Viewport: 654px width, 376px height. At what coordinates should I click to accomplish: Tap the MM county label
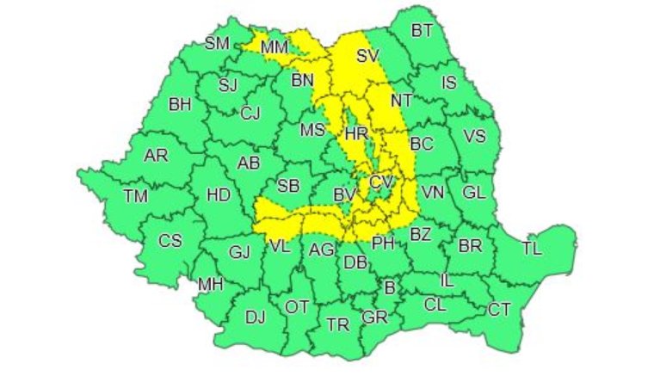click(273, 46)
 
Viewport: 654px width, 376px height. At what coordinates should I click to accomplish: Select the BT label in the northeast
click(422, 31)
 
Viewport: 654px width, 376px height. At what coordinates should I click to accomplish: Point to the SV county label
click(367, 57)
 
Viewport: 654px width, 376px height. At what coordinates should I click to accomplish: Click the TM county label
click(135, 195)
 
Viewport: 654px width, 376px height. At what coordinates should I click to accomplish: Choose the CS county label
click(170, 241)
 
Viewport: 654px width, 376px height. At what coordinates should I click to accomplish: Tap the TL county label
click(533, 250)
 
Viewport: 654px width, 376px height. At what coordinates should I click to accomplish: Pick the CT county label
click(500, 309)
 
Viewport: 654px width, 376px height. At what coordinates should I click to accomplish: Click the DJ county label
click(255, 317)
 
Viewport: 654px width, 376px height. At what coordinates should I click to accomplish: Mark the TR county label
click(338, 324)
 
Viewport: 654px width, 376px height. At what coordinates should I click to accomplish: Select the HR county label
click(355, 134)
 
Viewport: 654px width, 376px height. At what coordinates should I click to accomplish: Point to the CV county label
click(381, 182)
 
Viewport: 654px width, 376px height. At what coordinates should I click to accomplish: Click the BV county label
click(344, 197)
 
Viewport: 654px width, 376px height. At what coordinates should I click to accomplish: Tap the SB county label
click(288, 185)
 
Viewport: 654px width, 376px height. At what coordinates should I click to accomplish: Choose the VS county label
click(475, 136)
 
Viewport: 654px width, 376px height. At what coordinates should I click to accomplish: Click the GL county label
click(474, 192)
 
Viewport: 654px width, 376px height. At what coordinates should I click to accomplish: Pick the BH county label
click(180, 105)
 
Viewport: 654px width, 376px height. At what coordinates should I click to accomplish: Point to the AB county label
click(249, 163)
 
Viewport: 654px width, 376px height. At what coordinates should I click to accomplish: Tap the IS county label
click(449, 83)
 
